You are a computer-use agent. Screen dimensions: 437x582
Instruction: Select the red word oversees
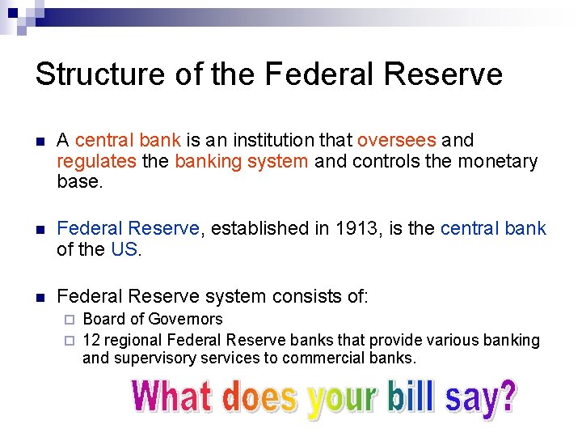(396, 141)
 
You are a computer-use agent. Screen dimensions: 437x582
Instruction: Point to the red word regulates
(96, 161)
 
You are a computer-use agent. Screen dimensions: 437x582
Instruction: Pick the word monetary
(497, 161)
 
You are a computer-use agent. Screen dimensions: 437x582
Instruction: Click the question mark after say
(505, 397)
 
